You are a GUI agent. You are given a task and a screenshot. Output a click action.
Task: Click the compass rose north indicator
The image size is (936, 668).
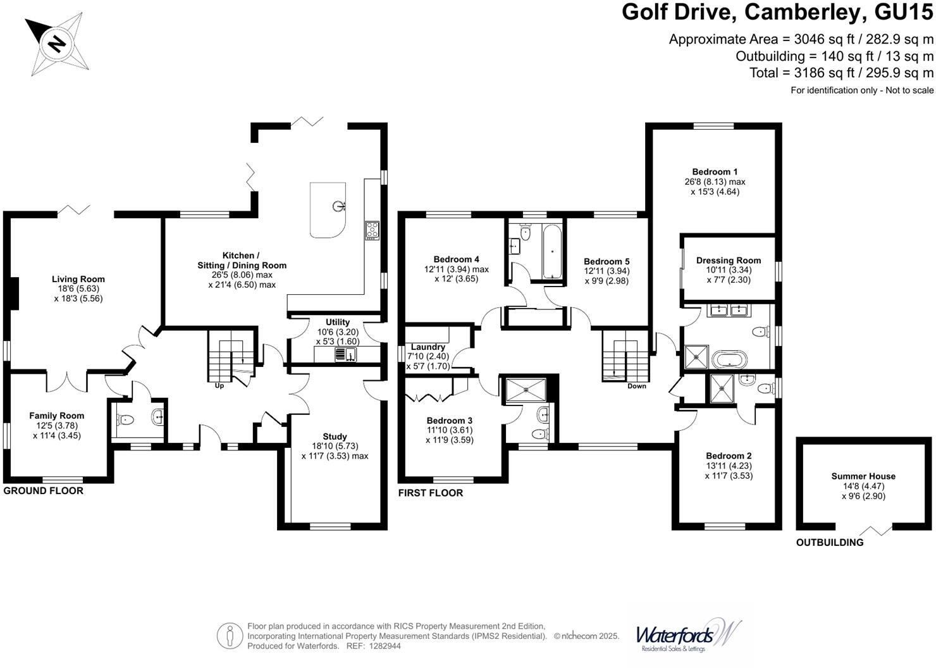pos(56,44)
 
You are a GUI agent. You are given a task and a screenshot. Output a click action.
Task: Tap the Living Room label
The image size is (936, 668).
pos(78,279)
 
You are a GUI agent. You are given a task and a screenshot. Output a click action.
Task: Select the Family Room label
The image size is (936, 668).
pos(57,416)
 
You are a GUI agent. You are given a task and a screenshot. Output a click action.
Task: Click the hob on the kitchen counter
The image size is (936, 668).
pos(373,230)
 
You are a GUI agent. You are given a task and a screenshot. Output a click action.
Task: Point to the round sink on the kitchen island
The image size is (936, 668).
pos(339,206)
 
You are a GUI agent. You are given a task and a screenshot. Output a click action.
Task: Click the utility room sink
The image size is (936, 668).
pos(345,354)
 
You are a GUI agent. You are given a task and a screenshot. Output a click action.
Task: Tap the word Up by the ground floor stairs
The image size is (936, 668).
pos(219,385)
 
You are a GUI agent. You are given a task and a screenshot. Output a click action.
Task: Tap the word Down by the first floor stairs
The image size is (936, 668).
pos(637,386)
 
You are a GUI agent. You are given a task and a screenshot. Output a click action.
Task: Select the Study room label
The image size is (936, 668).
pos(335,436)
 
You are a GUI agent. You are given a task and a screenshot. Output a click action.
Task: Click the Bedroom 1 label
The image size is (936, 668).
pos(715,171)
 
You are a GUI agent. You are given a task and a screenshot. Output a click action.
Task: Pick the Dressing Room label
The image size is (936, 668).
pos(729,260)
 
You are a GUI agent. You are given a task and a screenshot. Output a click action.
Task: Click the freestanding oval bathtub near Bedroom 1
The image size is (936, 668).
pos(729,359)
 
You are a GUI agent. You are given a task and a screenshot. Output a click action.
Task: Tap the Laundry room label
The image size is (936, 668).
pos(428,347)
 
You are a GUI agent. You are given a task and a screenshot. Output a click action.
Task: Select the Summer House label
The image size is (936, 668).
pos(863,476)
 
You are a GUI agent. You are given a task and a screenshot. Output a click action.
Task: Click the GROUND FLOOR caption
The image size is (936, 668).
pos(44,491)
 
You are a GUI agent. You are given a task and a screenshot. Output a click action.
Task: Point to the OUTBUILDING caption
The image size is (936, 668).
pos(830,542)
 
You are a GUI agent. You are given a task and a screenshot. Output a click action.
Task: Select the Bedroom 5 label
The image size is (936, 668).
pos(607,261)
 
